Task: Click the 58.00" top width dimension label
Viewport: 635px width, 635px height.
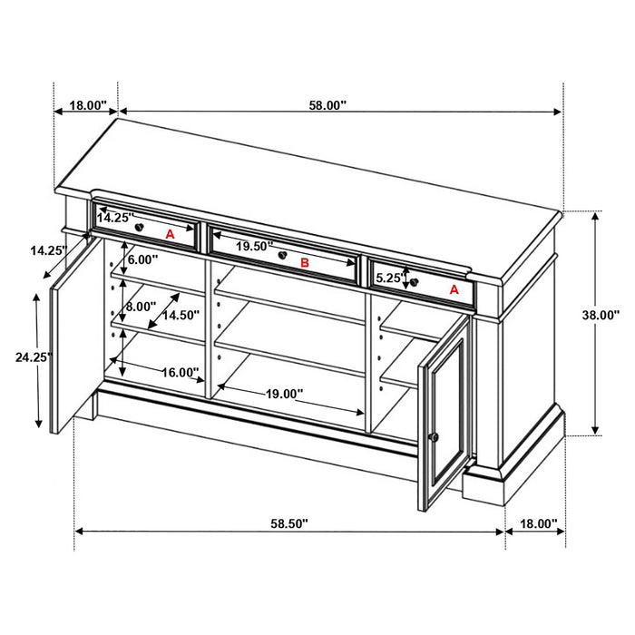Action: pos(327,105)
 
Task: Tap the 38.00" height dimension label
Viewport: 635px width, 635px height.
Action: pos(601,315)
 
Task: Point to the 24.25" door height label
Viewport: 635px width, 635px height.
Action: pos(33,357)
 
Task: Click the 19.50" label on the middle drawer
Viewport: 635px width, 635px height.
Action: pos(255,246)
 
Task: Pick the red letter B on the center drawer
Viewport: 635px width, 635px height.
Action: pos(306,263)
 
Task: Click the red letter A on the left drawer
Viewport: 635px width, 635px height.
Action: pos(169,233)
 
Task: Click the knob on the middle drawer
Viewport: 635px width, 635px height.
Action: pos(284,257)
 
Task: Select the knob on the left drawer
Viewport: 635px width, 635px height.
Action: pos(140,225)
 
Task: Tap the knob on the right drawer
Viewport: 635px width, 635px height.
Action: pos(414,282)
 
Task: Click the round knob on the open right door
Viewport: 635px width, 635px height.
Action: pos(433,437)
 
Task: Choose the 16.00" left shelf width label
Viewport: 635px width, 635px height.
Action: pos(181,372)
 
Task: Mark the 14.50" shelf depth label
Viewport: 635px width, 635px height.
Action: pos(181,315)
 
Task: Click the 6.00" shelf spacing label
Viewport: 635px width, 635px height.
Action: pos(142,259)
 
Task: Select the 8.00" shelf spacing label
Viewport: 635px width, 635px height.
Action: pos(142,307)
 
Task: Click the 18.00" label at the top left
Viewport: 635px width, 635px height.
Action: pos(88,105)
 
